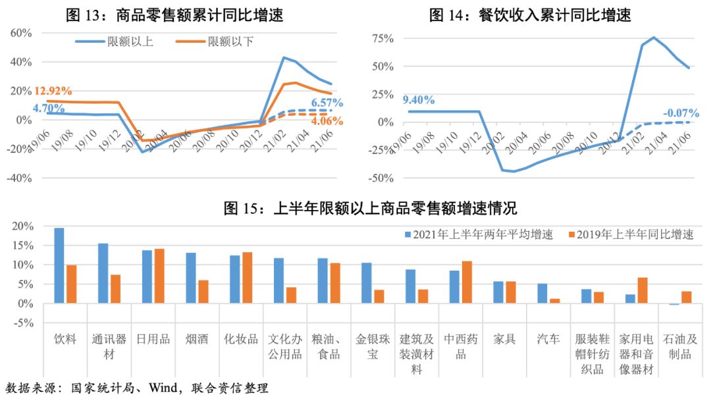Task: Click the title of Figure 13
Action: click(175, 15)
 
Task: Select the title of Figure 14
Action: click(529, 15)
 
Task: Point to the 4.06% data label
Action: click(327, 121)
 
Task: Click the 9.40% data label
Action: click(418, 100)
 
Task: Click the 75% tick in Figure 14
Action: click(382, 38)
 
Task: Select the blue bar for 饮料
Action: click(59, 265)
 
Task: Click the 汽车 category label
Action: click(548, 340)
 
